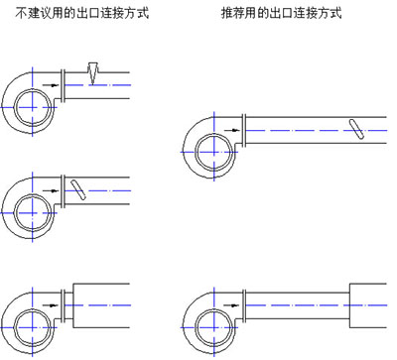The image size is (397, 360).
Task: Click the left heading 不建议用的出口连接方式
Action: click(82, 13)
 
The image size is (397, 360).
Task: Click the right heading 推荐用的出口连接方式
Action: click(282, 13)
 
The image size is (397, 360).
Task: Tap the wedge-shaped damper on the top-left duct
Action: click(93, 73)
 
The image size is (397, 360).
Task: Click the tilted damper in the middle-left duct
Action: click(78, 189)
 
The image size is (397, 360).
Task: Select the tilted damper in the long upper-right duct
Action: click(356, 129)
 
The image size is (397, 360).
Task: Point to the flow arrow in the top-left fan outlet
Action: click(51, 85)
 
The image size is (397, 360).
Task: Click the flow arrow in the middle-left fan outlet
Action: click(51, 190)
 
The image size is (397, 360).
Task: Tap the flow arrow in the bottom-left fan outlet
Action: click(51, 305)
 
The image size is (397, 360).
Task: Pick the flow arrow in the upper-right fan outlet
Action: click(232, 130)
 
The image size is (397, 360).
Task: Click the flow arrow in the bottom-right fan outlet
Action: click(232, 305)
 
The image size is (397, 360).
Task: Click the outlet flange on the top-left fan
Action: click(63, 85)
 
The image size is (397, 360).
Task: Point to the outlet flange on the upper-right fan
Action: click(244, 130)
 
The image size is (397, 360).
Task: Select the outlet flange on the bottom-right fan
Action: click(244, 305)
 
